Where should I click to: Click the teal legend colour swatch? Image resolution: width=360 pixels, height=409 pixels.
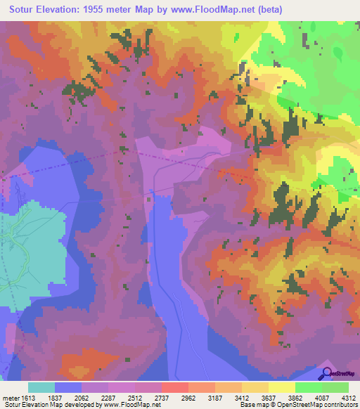pyautogui.click(x=41, y=387)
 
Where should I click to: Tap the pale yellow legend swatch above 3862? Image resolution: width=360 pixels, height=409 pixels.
pyautogui.click(x=281, y=387)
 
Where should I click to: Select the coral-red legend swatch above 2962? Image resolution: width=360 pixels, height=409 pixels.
pyautogui.click(x=174, y=387)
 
